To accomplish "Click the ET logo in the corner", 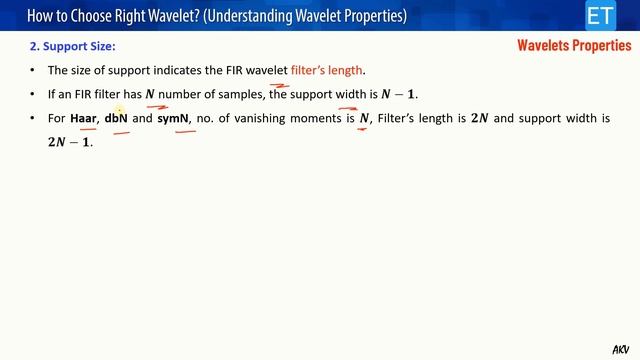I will (x=600, y=16).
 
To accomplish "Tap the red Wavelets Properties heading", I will (x=574, y=45).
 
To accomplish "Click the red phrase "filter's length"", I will (x=328, y=70).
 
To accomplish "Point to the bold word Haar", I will (x=83, y=119).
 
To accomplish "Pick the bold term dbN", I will (x=116, y=119).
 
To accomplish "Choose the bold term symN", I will (x=173, y=119).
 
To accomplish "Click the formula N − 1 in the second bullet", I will (x=399, y=94).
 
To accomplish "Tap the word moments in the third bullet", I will (x=317, y=119).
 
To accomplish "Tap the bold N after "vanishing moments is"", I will (x=365, y=119).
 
